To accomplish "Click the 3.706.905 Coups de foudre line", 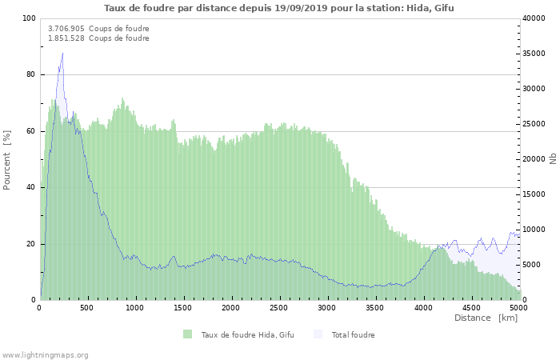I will coord(98,29).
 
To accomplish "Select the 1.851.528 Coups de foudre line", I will coord(98,38).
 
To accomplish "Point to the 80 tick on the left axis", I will coord(31,75).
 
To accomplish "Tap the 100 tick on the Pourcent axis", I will coord(29,18).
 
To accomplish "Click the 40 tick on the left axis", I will coord(31,188).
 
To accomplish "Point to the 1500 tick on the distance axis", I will coord(183,307).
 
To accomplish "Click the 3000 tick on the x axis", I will coord(326,307).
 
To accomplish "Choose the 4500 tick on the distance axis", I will coord(470,307).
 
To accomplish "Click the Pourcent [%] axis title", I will coord(7,159).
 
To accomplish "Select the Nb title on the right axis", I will coord(553,159).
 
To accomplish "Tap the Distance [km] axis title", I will coord(486,318).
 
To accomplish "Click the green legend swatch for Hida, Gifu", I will coord(188,334).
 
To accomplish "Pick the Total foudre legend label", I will coord(352,334).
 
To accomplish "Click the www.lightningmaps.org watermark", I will coord(45,354).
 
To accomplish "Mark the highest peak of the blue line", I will coord(62,54).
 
